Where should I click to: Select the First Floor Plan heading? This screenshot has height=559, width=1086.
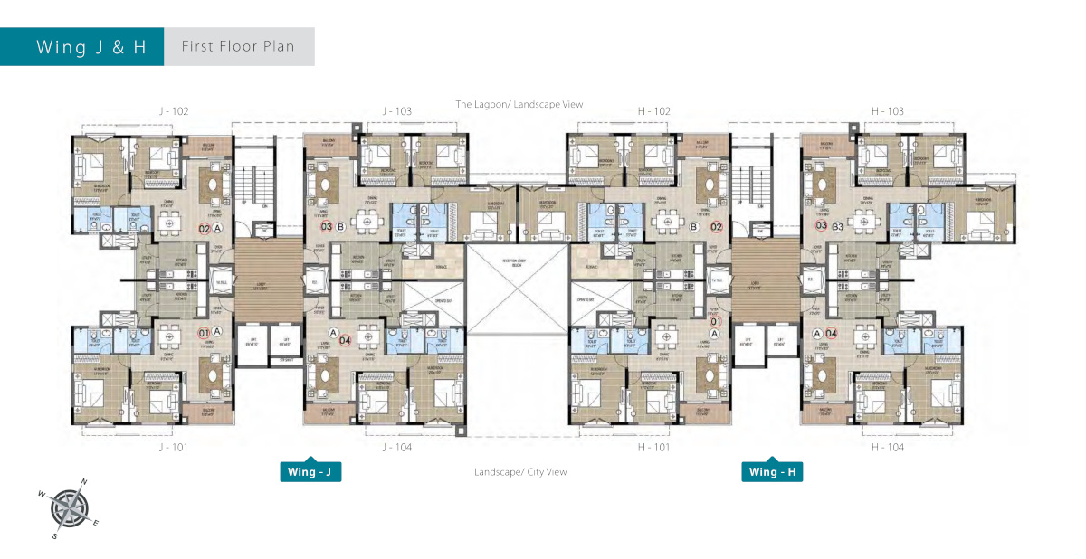[238, 47]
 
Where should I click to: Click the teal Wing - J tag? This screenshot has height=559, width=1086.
[310, 471]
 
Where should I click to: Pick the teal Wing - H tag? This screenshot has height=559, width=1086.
[771, 471]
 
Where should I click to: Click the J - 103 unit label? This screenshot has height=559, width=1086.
[396, 111]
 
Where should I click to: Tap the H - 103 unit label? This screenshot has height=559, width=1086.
[887, 111]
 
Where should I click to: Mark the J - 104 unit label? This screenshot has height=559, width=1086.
[396, 447]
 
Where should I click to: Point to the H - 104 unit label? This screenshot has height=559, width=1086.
[887, 447]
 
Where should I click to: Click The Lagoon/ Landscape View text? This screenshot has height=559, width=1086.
[519, 104]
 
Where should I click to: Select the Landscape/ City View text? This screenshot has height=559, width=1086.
[519, 472]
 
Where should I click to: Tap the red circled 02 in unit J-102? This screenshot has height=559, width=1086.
[204, 228]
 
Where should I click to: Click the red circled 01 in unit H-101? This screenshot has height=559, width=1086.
[715, 321]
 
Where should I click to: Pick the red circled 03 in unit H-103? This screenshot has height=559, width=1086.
[822, 226]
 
